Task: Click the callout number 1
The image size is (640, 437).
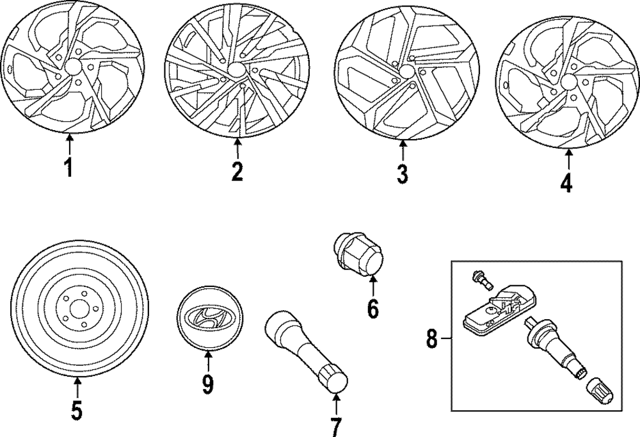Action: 68,168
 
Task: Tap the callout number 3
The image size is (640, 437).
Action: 402,173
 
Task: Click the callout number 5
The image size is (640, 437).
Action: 76,410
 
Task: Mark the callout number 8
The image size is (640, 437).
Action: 432,338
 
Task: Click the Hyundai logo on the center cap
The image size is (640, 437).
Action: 207,317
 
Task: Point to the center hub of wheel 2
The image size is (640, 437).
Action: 237,70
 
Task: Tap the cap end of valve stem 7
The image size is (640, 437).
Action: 337,379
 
